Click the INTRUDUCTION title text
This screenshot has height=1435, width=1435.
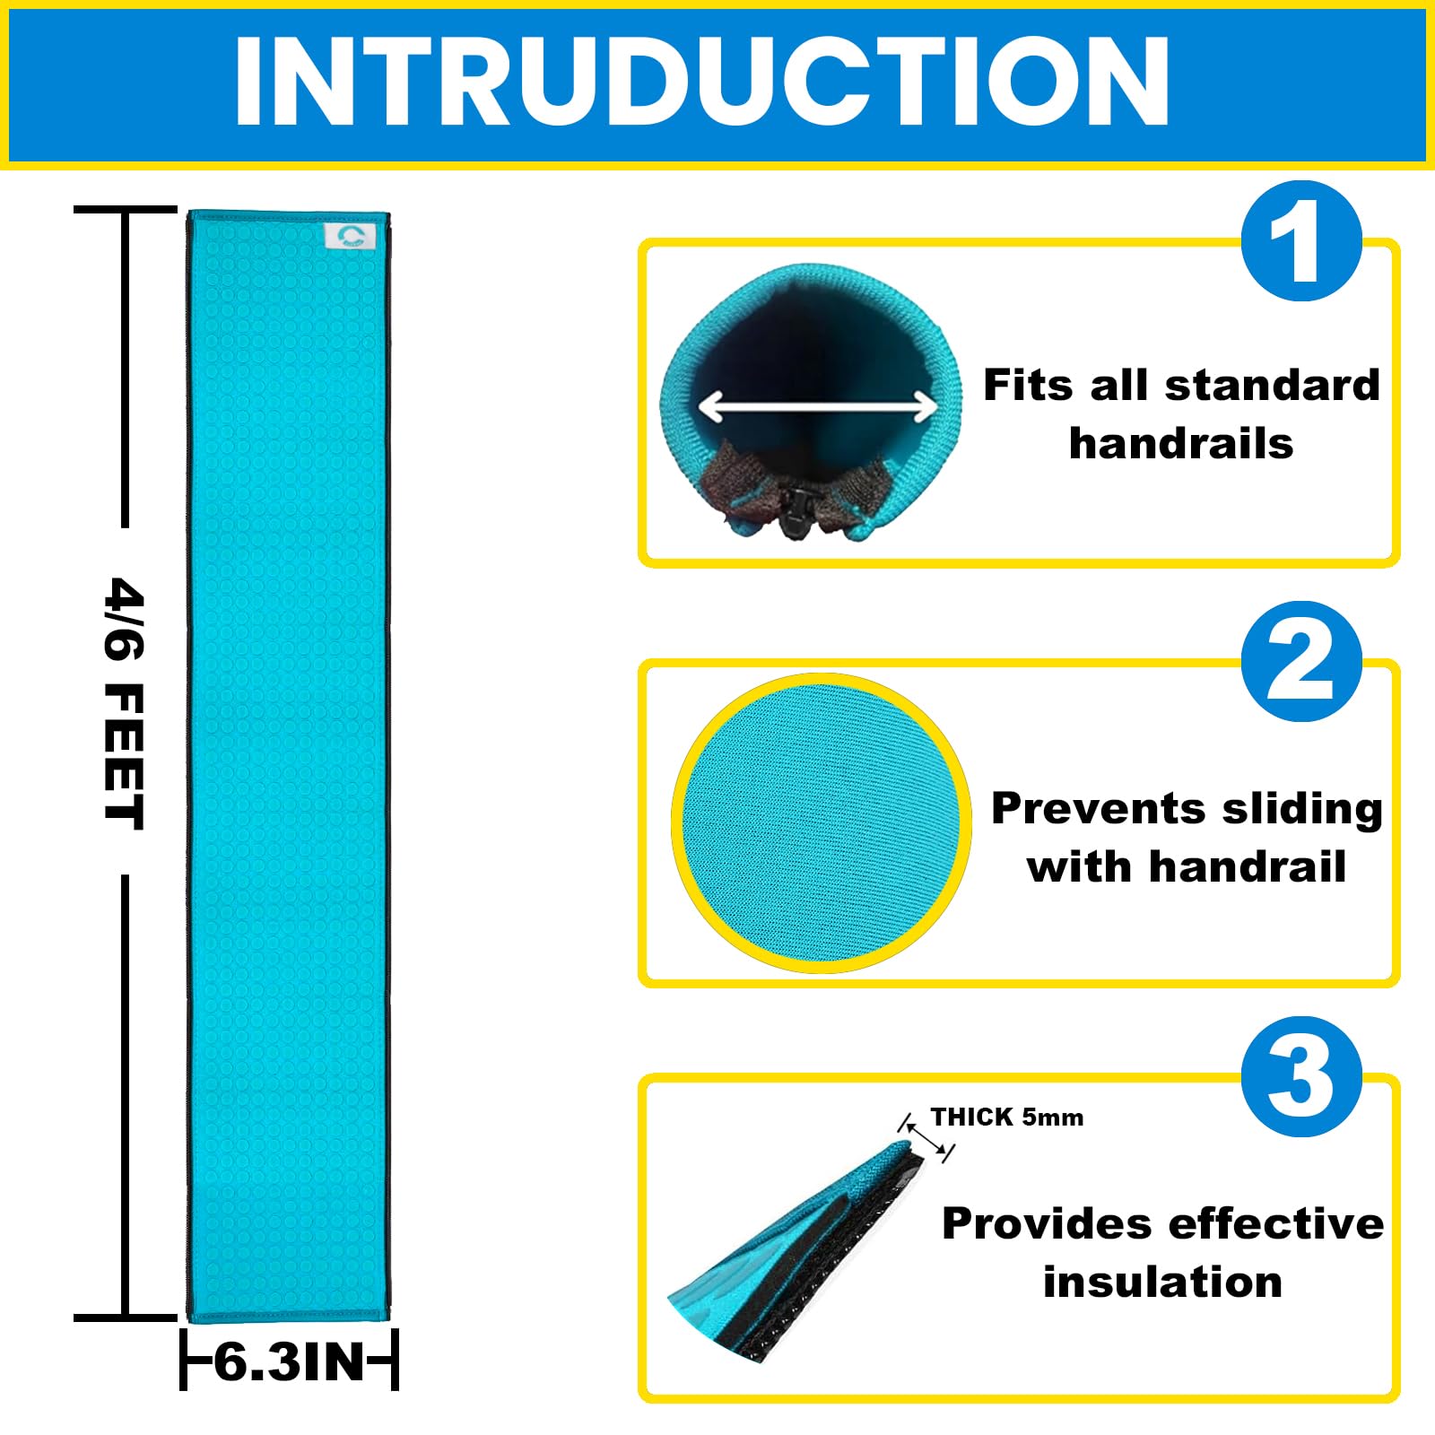pyautogui.click(x=702, y=83)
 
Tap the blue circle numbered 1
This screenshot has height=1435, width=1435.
pyautogui.click(x=1301, y=240)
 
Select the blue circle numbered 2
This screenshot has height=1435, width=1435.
pyautogui.click(x=1301, y=661)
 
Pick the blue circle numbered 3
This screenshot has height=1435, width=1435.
pyautogui.click(x=1301, y=1076)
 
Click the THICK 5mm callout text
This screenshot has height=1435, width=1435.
pyautogui.click(x=1006, y=1118)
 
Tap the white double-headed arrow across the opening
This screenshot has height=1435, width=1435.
pyautogui.click(x=818, y=406)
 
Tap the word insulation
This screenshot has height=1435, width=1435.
pyautogui.click(x=1162, y=1282)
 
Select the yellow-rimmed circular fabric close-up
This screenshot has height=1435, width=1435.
pyautogui.click(x=821, y=822)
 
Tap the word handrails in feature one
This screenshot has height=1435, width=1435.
pyautogui.click(x=1181, y=443)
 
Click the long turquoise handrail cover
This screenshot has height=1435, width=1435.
pyautogui.click(x=289, y=767)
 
